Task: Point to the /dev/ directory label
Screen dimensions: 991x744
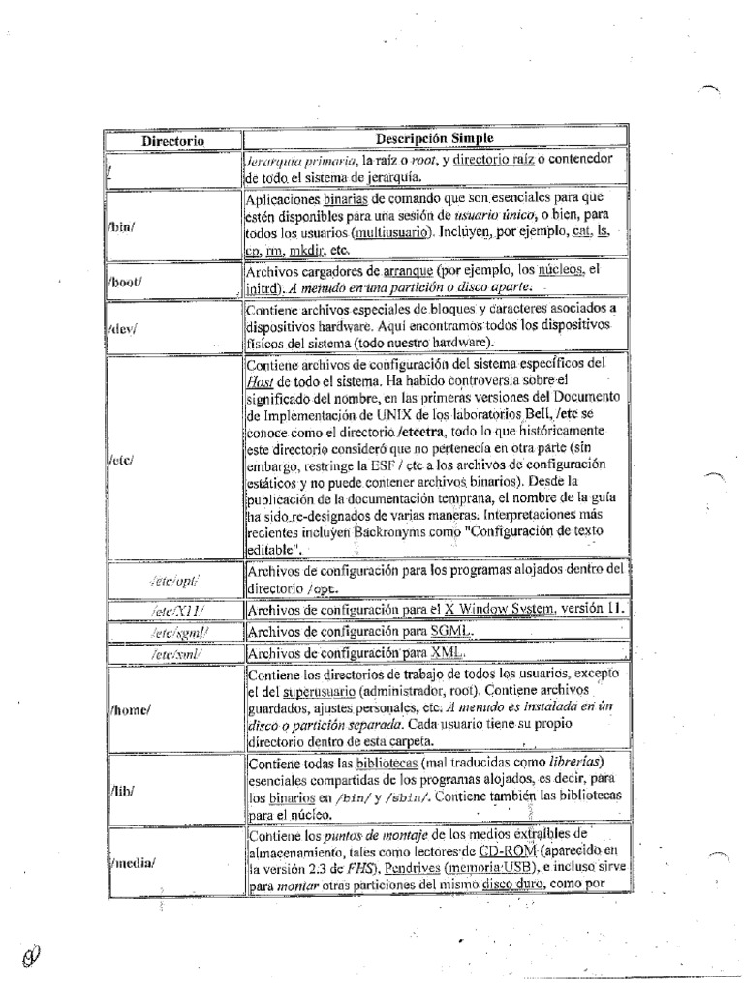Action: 124,328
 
